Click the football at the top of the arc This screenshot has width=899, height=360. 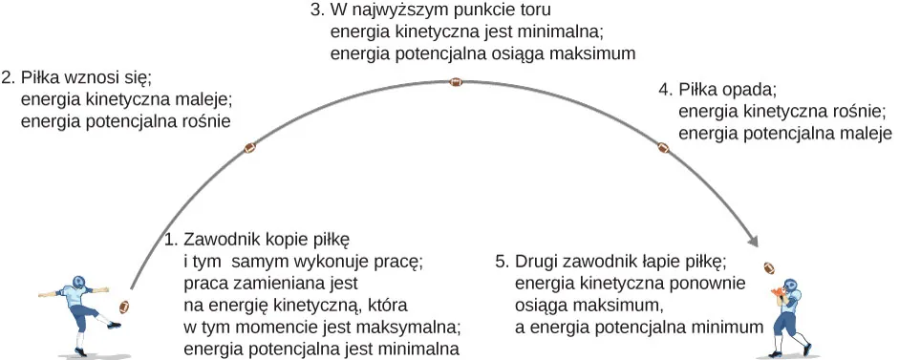[x=456, y=83]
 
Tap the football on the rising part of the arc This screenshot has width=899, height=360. [x=251, y=148]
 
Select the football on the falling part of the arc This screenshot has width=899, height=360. [x=663, y=148]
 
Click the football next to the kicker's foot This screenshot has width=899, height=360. [x=122, y=307]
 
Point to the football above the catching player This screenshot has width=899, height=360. [x=770, y=267]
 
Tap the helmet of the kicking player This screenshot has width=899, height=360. [x=79, y=284]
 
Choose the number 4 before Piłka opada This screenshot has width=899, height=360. [x=665, y=91]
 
